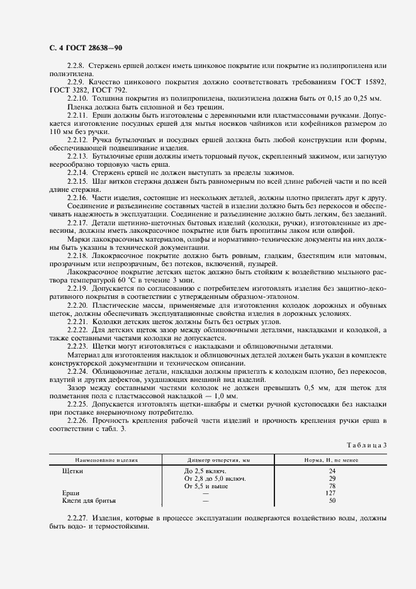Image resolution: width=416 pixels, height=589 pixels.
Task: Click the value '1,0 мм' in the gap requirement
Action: coord(224,395)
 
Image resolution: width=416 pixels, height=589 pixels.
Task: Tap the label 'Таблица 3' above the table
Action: coord(367,445)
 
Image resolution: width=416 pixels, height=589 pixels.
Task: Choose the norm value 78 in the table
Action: coord(332,486)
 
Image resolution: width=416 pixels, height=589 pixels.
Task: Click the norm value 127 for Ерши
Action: coord(332,493)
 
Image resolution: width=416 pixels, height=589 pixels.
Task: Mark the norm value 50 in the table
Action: coord(332,501)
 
